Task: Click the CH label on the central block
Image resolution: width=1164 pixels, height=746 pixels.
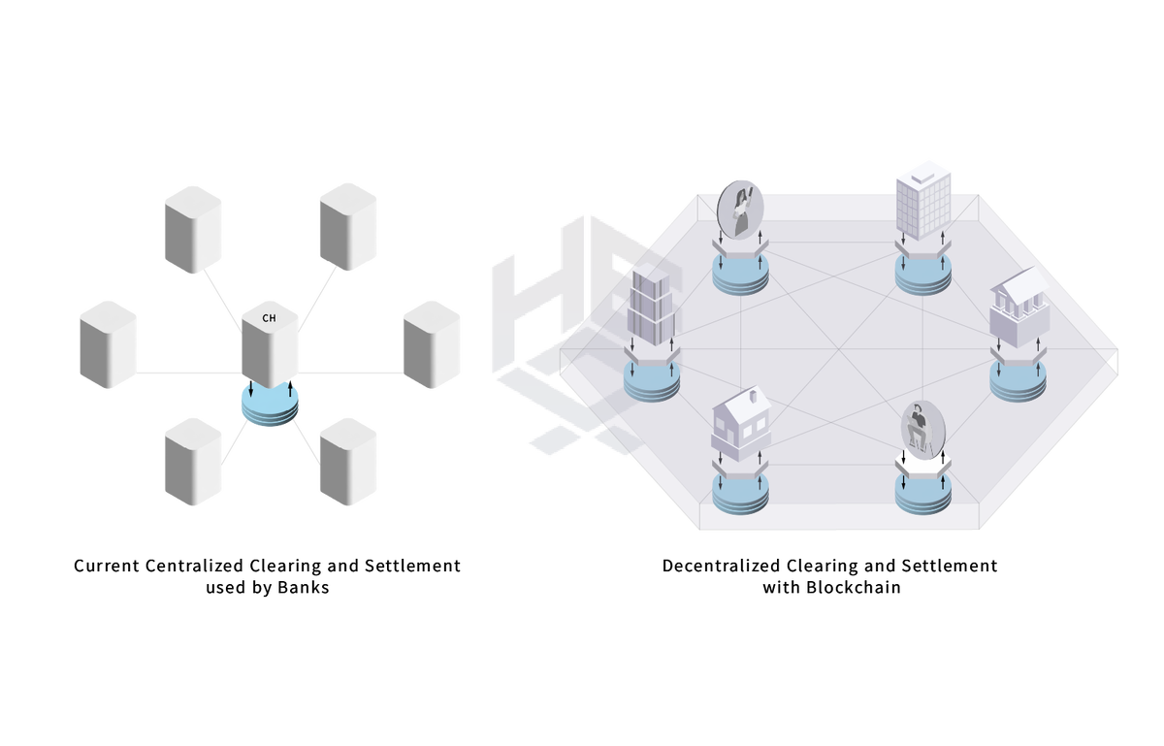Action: tap(269, 318)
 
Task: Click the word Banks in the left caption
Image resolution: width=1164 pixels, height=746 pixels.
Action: tap(303, 588)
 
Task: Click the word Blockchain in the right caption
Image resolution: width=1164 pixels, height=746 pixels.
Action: tap(854, 588)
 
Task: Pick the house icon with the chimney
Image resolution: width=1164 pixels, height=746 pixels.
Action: tap(740, 424)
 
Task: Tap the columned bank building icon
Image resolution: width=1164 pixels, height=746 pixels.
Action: tap(1019, 307)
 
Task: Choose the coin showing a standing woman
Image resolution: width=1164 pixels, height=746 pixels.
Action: tap(740, 210)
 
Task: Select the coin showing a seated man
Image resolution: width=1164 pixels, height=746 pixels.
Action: tap(923, 430)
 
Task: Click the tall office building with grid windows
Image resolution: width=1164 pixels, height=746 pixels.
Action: tap(923, 201)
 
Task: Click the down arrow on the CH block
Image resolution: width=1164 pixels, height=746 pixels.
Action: tap(251, 388)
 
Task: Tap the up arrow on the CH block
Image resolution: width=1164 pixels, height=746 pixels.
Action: tap(290, 388)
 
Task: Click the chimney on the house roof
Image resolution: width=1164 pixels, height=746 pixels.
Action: tap(753, 397)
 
